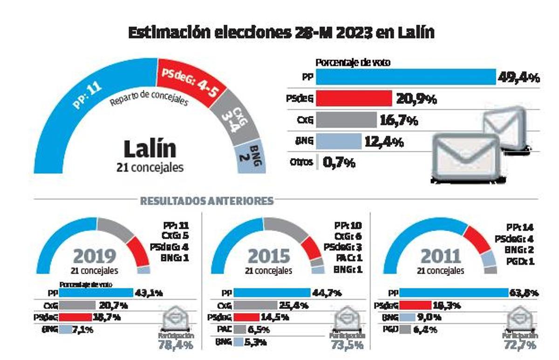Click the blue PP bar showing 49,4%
click(x=405, y=77)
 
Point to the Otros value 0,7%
click(x=339, y=163)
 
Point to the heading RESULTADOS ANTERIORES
click(x=206, y=201)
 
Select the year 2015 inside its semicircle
click(x=269, y=256)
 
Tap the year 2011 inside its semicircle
click(x=441, y=256)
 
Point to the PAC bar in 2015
click(x=239, y=329)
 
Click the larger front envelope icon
click(x=466, y=156)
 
